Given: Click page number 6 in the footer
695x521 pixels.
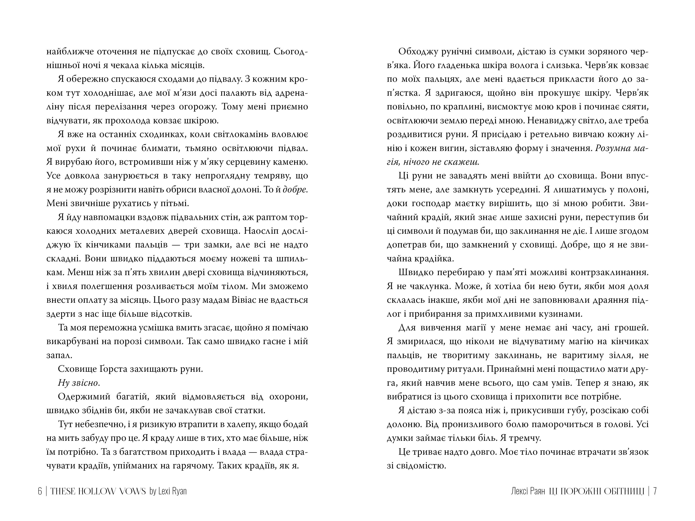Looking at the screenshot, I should point(40,491).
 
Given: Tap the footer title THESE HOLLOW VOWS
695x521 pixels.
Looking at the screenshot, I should point(98,491).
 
